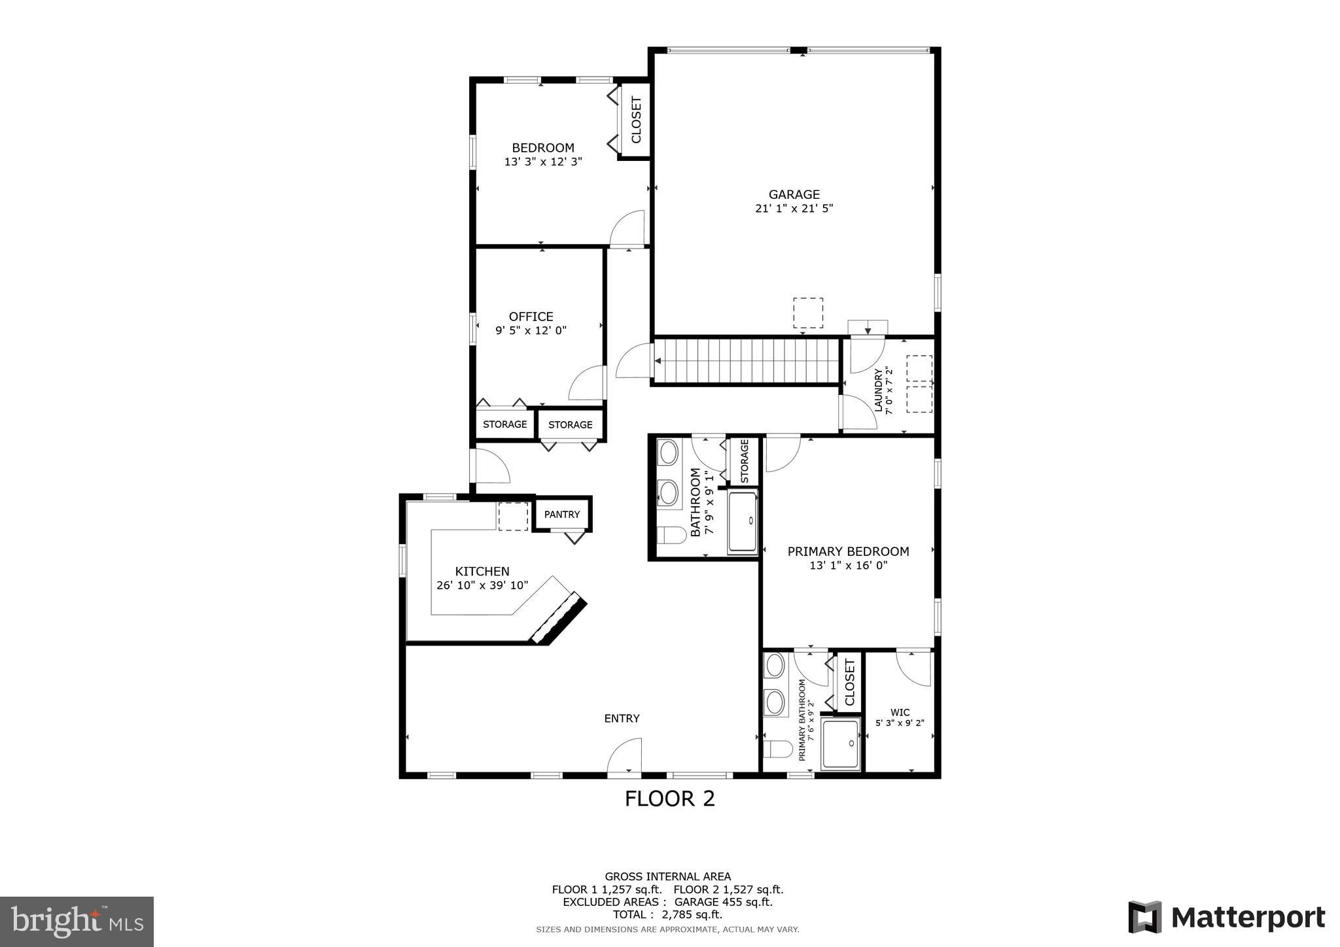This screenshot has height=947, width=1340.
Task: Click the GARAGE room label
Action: (794, 194)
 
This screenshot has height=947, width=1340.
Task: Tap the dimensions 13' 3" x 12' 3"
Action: (543, 162)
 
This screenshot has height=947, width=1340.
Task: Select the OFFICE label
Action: (531, 317)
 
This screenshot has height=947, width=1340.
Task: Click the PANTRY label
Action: (562, 515)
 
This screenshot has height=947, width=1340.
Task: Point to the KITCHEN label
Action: (482, 571)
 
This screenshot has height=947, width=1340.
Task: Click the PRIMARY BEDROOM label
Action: (848, 551)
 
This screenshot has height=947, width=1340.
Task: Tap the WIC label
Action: (900, 712)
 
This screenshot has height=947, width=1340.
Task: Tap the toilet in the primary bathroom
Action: (776, 748)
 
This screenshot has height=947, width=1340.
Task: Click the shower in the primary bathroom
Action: (841, 744)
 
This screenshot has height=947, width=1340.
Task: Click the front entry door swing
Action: (624, 756)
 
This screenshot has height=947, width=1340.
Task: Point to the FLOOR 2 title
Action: (669, 799)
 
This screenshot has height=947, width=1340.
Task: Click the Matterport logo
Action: (1226, 918)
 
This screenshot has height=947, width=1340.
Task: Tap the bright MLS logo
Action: (77, 921)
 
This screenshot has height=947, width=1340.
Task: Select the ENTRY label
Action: (622, 718)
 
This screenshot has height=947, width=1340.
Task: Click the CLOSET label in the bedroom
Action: (636, 120)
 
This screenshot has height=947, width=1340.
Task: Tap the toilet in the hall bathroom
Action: (669, 535)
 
